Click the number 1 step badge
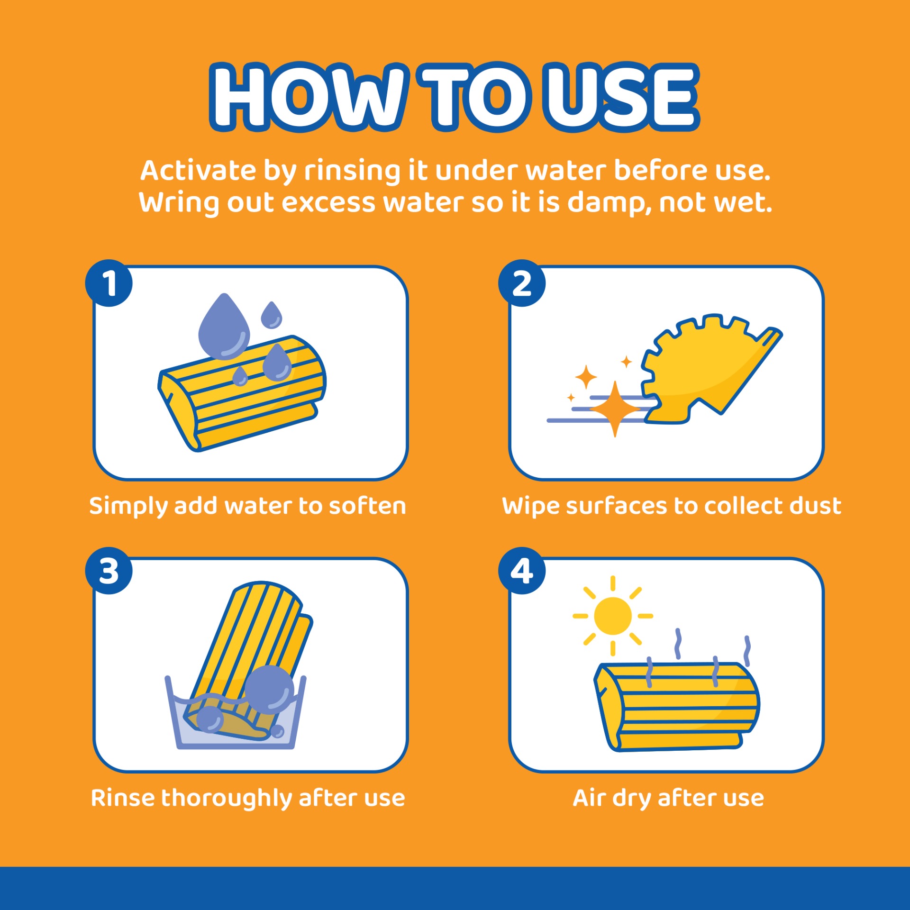109,283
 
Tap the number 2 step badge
522,283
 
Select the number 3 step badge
109,571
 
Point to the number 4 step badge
522,571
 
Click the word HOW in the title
308,97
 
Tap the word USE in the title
622,97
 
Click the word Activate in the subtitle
198,170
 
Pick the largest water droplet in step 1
224,326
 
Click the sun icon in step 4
613,616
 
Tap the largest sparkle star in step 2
615,409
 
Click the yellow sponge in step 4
677,706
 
